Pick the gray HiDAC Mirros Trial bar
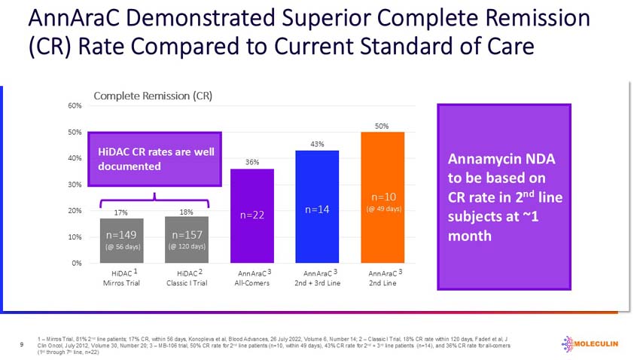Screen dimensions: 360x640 [x=121, y=240]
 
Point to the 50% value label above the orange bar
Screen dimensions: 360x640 [x=382, y=126]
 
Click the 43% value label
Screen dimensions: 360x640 [x=317, y=144]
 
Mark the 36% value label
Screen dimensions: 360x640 [x=252, y=162]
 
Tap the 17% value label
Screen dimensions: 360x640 [x=121, y=212]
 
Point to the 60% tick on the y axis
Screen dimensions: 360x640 [x=75, y=105]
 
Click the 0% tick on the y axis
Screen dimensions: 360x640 [x=76, y=263]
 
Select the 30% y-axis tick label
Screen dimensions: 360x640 [x=75, y=185]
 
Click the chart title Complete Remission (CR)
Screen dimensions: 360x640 [x=153, y=96]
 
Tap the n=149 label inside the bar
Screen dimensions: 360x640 [x=121, y=234]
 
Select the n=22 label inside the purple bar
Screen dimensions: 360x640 [x=251, y=215]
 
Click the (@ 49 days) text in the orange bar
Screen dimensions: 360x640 [x=383, y=209]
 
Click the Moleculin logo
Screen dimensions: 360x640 [x=590, y=344]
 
